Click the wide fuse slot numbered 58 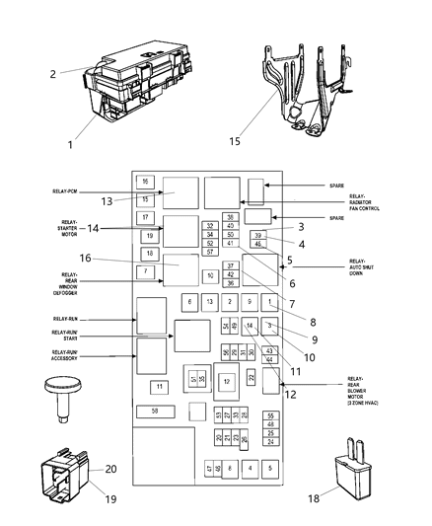click(x=154, y=436)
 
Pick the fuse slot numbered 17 click(x=144, y=217)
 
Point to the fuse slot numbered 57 click(x=210, y=252)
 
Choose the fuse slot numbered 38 click(x=230, y=216)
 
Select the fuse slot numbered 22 click(x=252, y=378)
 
